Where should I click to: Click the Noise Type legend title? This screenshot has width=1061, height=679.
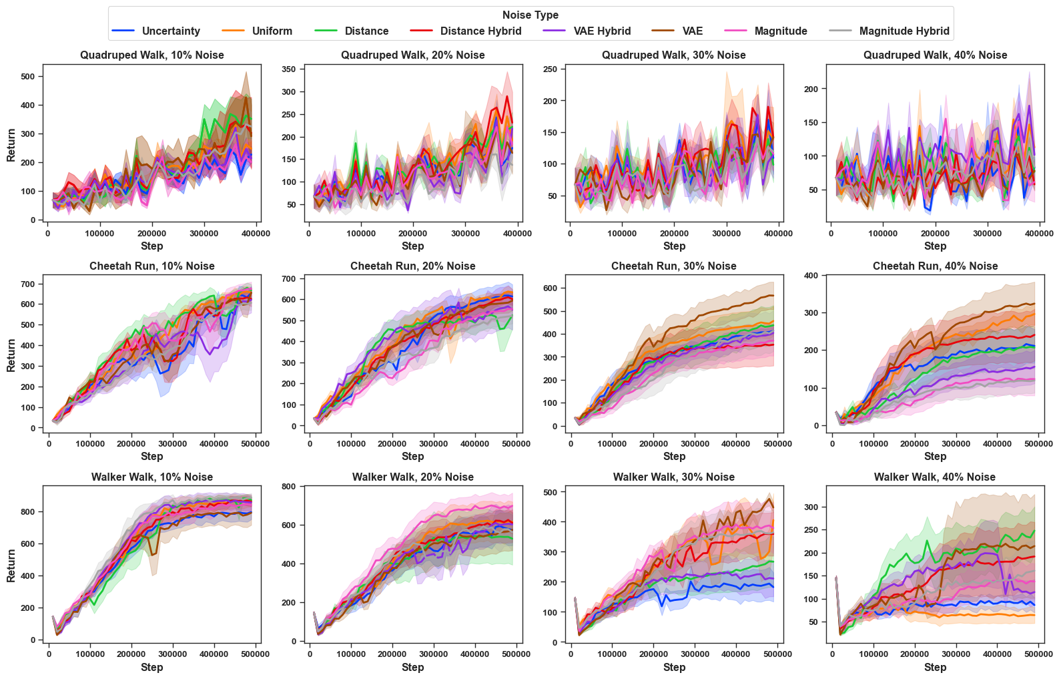(530, 15)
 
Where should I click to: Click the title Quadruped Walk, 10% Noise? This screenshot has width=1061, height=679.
(152, 55)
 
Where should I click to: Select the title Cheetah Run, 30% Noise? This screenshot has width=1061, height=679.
(674, 266)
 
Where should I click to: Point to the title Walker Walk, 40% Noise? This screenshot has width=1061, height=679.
(935, 477)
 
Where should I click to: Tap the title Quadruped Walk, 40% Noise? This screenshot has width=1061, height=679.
(935, 55)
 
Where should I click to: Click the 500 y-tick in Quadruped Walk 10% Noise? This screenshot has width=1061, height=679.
(28, 76)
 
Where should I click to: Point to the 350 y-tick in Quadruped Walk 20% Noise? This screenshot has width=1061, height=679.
(290, 69)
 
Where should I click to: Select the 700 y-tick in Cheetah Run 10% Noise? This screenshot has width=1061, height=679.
(28, 284)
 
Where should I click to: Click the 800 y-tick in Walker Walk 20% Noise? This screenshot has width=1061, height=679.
(290, 487)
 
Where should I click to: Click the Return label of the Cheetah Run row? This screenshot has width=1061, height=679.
(11, 355)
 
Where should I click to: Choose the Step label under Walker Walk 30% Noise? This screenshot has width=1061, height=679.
(674, 667)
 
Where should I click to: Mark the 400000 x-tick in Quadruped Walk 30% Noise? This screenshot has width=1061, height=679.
(778, 233)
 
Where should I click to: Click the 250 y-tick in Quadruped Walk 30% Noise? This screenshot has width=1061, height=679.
(551, 69)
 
